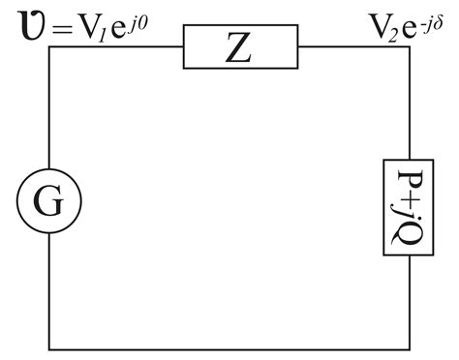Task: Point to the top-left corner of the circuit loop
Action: coord(49,50)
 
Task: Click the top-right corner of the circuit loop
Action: coord(408,50)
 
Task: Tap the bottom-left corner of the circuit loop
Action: coord(49,347)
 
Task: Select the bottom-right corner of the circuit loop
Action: coord(408,347)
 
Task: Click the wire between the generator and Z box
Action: coord(116,50)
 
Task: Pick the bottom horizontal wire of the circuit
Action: coord(229,347)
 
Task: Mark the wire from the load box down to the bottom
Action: coord(408,300)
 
